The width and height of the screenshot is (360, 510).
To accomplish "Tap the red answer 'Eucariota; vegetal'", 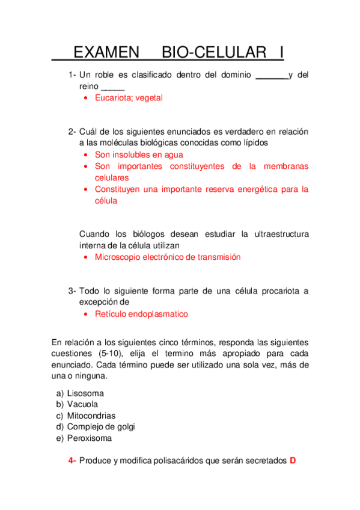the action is coord(129,97).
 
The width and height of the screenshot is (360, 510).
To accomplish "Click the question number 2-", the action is coord(72,131).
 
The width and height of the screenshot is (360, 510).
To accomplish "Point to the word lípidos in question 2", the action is coord(252,143).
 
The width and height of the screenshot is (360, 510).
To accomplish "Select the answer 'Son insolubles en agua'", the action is coord(139,155).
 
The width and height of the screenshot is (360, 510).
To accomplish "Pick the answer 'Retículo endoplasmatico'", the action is coord(141,314).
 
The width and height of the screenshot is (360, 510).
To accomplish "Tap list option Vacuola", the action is coord(82,404).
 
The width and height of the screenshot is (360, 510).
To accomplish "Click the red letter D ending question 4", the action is coord(293,461).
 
